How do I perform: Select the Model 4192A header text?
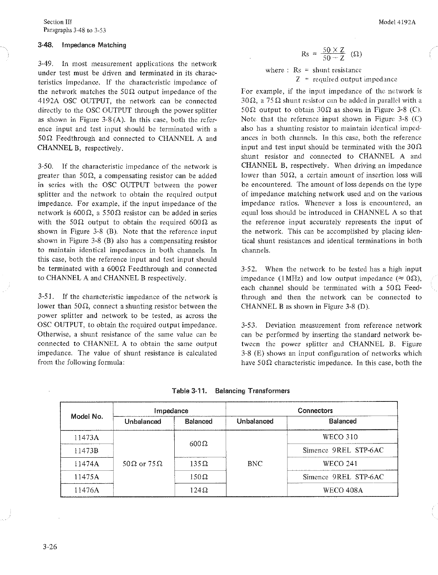click(x=397, y=22)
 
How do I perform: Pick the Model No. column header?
click(x=87, y=416)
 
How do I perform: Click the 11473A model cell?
click(x=87, y=437)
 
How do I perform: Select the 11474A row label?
click(x=87, y=464)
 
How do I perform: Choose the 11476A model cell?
click(x=87, y=490)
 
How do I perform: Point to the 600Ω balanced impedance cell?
click(x=199, y=444)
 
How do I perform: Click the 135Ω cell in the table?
click(x=199, y=464)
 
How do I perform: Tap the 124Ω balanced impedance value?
click(x=199, y=490)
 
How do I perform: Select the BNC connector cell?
click(x=255, y=464)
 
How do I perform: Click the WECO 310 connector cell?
click(x=342, y=437)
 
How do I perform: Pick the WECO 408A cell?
click(x=342, y=490)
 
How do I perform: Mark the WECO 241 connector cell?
click(x=342, y=464)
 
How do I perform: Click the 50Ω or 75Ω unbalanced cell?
click(x=143, y=464)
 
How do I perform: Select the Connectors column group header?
click(x=315, y=411)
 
